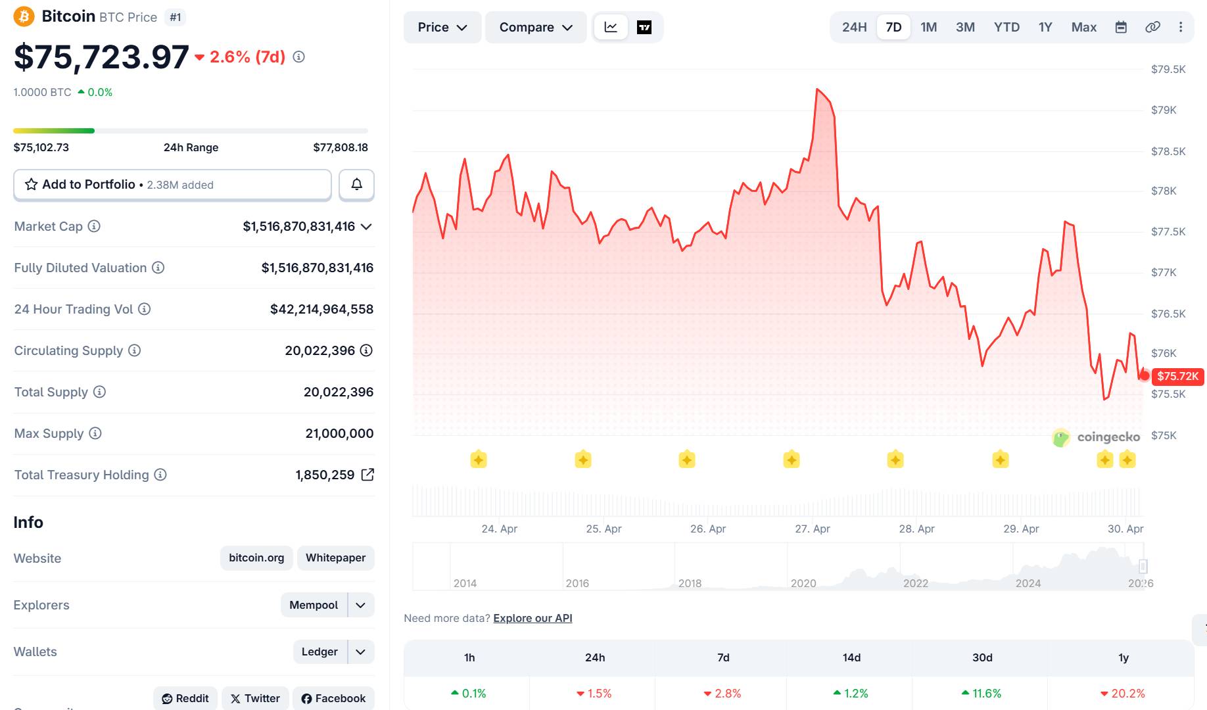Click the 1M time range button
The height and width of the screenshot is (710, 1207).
coord(928,27)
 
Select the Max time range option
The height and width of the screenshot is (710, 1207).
coord(1083,27)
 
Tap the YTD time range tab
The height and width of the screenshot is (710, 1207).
coord(1006,27)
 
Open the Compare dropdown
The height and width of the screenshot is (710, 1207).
coord(535,27)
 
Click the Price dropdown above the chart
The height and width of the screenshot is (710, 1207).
coord(442,27)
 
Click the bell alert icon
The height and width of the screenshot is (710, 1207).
coord(356,185)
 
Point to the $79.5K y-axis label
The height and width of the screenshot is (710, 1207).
coord(1168,69)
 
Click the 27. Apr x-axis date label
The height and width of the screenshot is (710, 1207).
coord(812,529)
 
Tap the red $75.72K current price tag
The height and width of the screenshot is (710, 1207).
coord(1177,376)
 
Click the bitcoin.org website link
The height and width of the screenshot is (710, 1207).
coord(256,557)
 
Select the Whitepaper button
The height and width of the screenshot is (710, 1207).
coord(335,557)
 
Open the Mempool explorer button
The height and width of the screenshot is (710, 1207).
coord(314,605)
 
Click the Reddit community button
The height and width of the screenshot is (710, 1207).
coord(185,698)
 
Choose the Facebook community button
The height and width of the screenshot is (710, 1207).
coord(333,698)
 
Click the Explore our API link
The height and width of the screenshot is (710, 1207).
coord(532,618)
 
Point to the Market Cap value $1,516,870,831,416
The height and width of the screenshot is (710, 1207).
coord(298,226)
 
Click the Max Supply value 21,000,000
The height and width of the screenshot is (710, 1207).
coord(339,433)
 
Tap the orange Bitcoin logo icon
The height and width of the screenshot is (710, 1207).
coord(24,16)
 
